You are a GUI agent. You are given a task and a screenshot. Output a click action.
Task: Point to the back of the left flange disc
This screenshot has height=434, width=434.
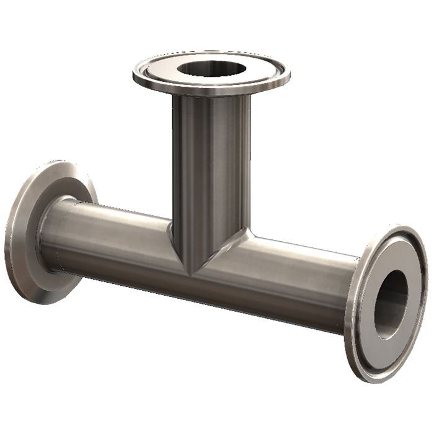pos(28,229)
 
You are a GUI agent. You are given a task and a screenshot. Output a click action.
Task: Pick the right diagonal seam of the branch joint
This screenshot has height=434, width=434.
pos(223,251)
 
